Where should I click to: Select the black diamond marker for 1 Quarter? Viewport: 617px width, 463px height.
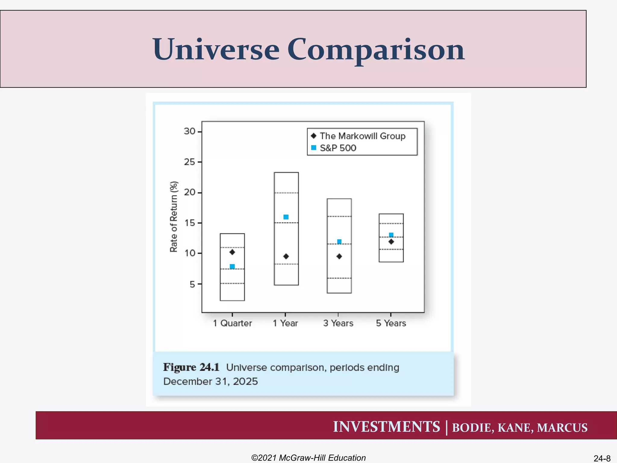pos(232,252)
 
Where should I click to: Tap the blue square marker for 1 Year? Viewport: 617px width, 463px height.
pos(286,217)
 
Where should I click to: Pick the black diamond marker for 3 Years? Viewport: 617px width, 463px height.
pos(339,257)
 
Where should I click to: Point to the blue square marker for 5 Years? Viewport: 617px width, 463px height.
pos(391,235)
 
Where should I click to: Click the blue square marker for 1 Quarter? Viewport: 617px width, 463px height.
pos(232,266)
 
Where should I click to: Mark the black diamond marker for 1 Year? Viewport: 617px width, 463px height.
pos(286,257)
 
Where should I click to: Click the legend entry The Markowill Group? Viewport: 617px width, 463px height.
pos(362,136)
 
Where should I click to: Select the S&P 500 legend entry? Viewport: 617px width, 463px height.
pos(338,148)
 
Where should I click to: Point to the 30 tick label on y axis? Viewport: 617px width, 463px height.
pos(189,131)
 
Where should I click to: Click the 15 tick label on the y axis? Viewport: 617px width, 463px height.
pos(189,223)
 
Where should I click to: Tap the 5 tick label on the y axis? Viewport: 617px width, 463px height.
pos(192,284)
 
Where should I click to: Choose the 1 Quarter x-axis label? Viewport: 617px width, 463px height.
pos(232,323)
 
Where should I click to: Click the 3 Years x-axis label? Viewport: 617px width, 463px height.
pos(338,323)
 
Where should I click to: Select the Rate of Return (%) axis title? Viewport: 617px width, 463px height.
pos(174,217)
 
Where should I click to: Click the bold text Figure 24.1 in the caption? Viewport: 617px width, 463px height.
pos(191,367)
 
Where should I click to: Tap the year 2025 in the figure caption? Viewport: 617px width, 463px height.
pos(245,382)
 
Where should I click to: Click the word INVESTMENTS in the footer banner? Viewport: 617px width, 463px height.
pos(386,427)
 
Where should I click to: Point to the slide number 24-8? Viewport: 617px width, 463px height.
pos(602,458)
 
